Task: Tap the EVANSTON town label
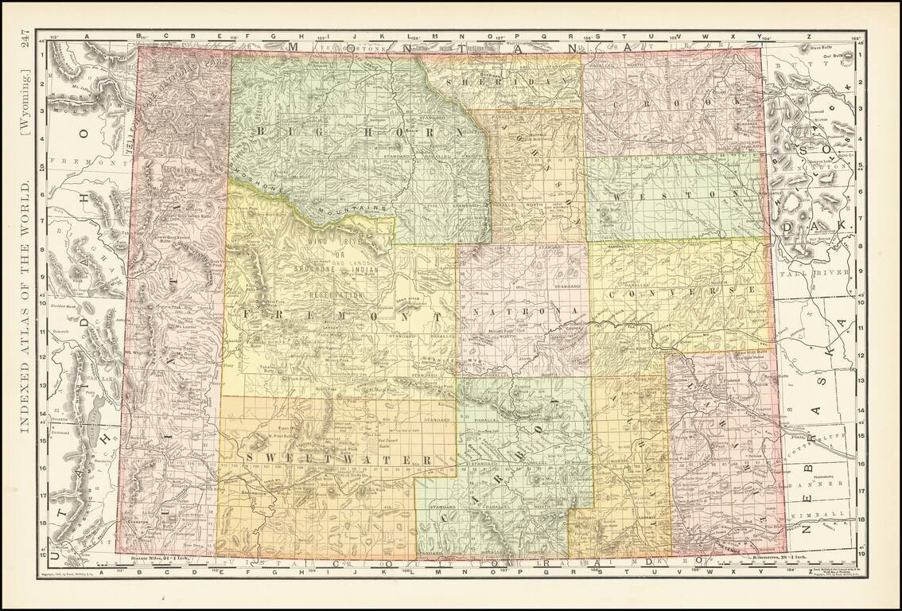tap(134, 516)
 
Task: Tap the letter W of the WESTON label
tap(615, 195)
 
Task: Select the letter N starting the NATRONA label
tap(476, 309)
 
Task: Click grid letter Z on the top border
tap(809, 37)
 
